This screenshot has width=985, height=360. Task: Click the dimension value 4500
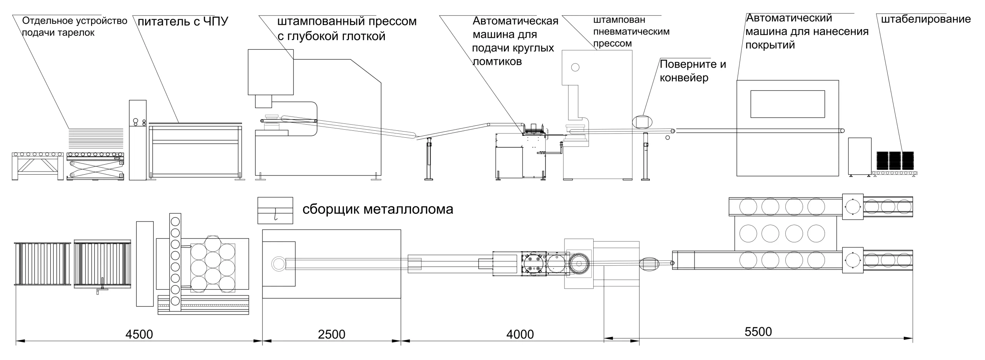pos(139,334)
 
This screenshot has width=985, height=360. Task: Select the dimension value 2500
pos(331,334)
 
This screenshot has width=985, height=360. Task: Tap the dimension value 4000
pos(520,334)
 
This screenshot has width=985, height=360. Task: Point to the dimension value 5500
pos(758,332)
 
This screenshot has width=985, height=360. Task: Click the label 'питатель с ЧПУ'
pos(183,21)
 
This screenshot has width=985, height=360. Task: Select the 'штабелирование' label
pos(926,19)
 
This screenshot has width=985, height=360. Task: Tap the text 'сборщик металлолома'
pos(377,209)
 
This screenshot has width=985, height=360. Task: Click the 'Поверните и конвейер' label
pos(693,71)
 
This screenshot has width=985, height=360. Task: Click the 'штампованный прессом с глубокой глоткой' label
pos(346,28)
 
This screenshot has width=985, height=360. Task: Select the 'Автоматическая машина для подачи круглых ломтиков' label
pos(515,41)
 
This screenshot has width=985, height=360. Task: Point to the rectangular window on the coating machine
pos(787,104)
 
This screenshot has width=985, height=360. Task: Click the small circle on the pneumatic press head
pos(575,68)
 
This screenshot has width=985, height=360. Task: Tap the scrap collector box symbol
pos(275,210)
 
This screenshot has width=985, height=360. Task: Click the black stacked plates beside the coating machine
pos(895,160)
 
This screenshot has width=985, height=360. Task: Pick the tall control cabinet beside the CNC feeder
pos(137,140)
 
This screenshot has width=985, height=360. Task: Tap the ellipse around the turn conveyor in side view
pos(642,122)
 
